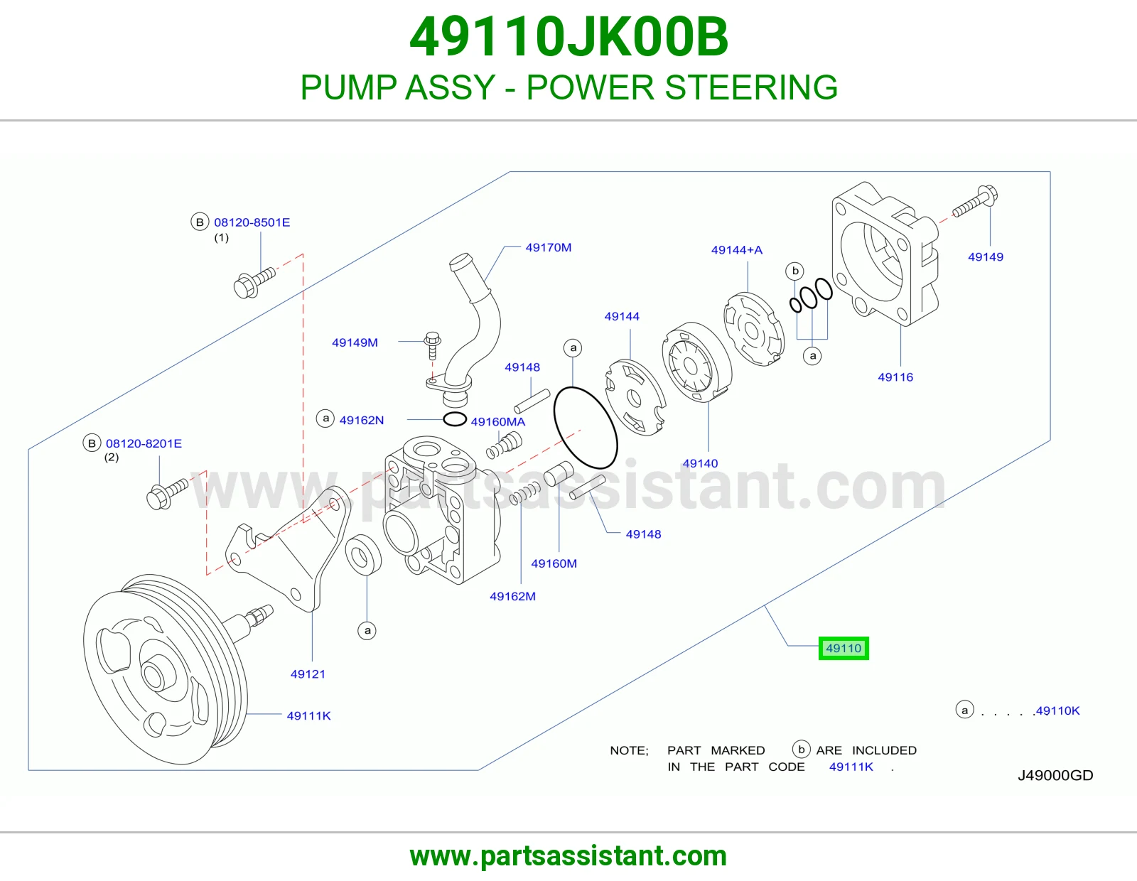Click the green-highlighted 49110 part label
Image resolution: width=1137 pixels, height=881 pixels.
tap(844, 648)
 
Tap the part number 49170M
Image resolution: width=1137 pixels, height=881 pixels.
tap(549, 247)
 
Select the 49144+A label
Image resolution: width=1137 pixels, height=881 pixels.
tap(737, 250)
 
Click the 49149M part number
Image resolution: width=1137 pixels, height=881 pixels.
tap(355, 342)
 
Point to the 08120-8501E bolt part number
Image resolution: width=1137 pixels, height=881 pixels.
tap(252, 222)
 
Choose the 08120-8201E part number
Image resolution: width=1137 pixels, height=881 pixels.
tap(144, 443)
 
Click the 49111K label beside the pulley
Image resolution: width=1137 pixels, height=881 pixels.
tap(308, 715)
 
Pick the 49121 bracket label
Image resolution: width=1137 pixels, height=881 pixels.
tap(308, 674)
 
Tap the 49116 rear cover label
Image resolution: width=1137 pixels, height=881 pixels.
tap(895, 377)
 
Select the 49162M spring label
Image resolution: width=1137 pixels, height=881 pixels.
tap(513, 596)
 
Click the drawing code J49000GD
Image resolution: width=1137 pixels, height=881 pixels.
tap(1055, 775)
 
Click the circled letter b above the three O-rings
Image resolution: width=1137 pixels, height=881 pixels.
tap(794, 271)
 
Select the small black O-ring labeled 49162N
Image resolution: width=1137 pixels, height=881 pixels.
tap(455, 419)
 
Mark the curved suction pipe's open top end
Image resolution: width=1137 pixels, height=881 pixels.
tap(461, 259)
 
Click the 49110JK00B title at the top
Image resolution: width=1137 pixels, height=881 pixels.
tap(568, 37)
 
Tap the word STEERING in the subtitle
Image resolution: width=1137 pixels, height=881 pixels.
tap(751, 87)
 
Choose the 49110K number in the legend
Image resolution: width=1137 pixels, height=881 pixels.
tap(1058, 710)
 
